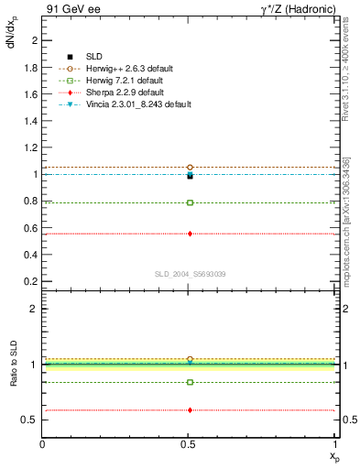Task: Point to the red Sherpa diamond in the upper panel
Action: pos(190,234)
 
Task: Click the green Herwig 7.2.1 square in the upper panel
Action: pos(190,202)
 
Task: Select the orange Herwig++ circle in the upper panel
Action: pos(190,168)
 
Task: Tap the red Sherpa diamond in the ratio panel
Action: pos(190,410)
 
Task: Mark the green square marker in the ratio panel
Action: pos(190,382)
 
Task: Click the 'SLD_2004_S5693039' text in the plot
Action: pos(190,274)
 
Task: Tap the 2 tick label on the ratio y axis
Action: pos(35,309)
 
